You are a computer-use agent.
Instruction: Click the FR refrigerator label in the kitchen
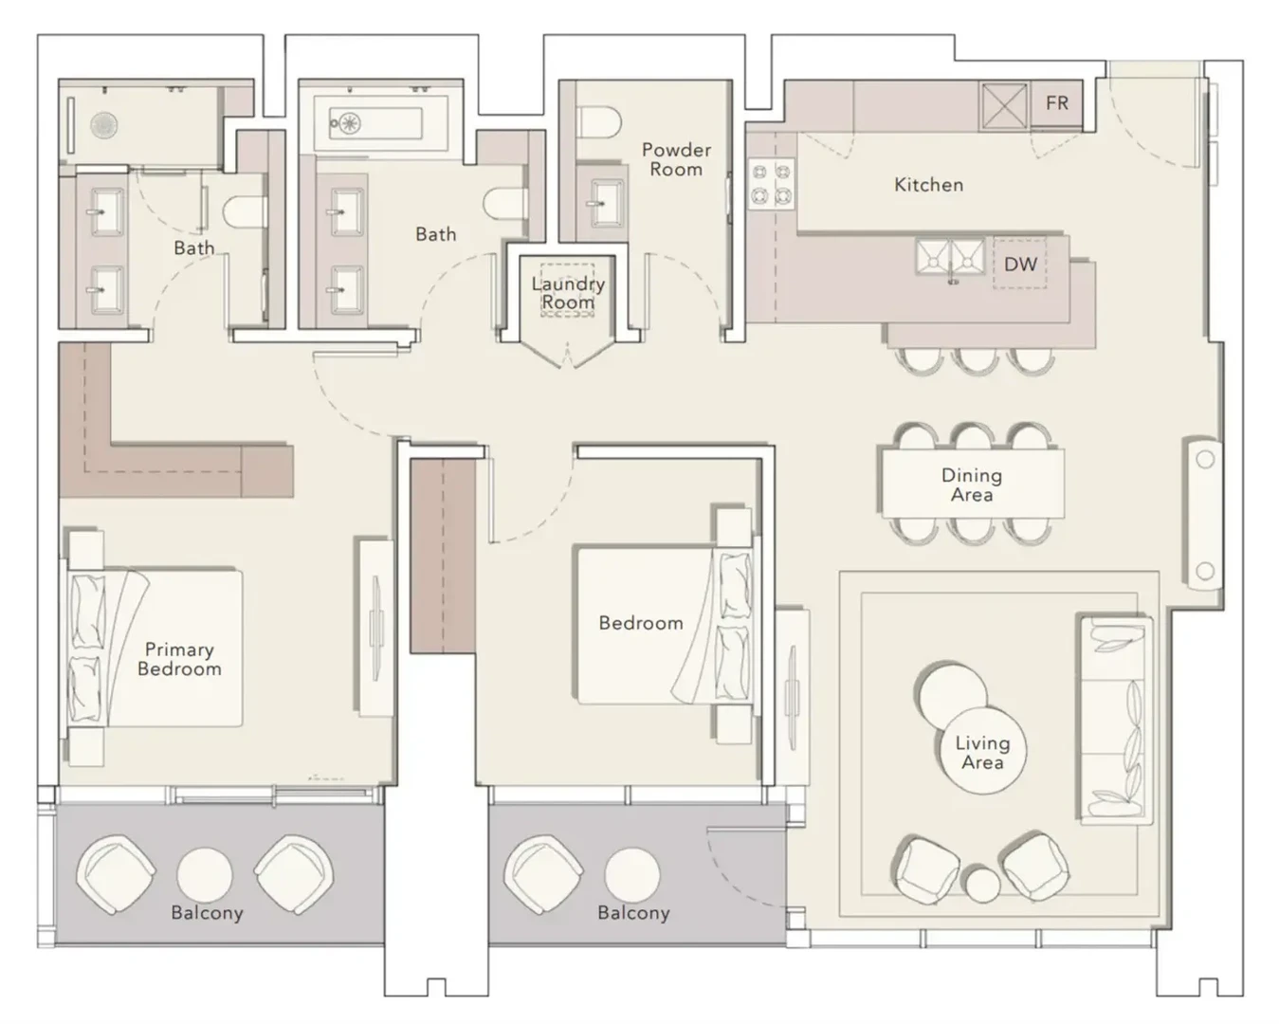pos(1057,102)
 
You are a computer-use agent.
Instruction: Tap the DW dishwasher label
pos(1020,265)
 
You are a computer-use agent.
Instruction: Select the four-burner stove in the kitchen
pos(772,184)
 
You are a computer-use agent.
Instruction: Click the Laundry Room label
pos(568,293)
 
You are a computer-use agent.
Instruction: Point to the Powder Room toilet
pos(598,122)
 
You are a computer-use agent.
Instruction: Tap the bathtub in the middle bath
pos(375,123)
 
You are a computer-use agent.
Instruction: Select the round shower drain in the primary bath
pos(104,125)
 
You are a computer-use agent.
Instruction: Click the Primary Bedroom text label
pos(179,659)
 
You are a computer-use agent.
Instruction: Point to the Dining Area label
pos(972,485)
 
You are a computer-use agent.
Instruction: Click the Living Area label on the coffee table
pos(982,753)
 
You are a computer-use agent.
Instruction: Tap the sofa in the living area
pos(1116,721)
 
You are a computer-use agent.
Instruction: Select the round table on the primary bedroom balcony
pos(205,875)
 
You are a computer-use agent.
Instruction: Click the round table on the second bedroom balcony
pos(631,875)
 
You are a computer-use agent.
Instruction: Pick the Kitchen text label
pos(928,185)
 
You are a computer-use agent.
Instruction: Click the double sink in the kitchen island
pos(950,257)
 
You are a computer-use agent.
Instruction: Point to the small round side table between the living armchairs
pos(982,885)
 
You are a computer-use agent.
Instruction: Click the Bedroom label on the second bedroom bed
pos(641,623)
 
